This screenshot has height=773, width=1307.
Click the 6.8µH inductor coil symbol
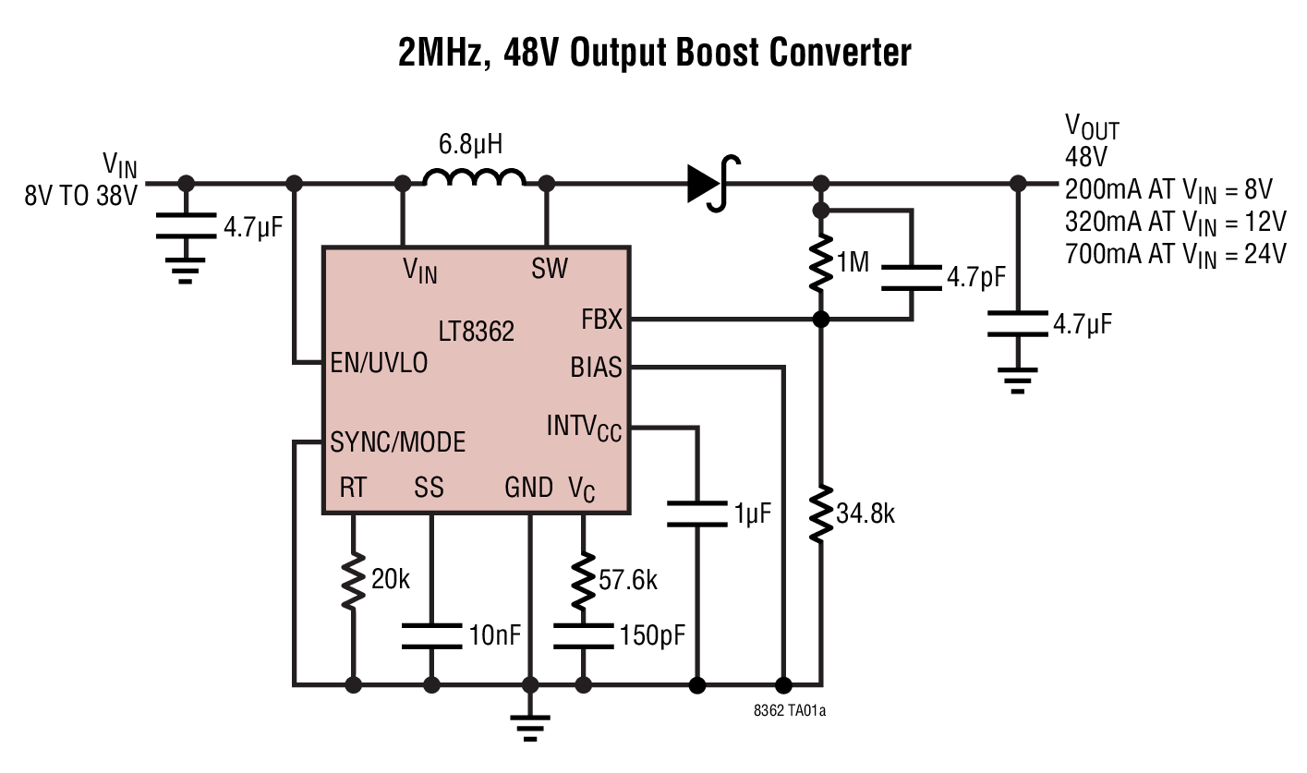(474, 179)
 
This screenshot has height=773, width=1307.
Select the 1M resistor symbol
(819, 264)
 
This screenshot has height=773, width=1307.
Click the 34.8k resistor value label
(865, 513)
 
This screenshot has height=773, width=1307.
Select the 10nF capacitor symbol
(431, 635)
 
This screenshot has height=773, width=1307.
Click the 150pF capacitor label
(653, 636)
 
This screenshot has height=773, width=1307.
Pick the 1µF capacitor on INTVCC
(696, 514)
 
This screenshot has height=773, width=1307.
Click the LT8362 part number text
(476, 332)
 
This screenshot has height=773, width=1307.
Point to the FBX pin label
(601, 320)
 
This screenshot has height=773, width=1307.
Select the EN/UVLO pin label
(379, 364)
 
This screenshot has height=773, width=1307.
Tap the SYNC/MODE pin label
(397, 442)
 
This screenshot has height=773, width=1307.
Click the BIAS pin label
(596, 367)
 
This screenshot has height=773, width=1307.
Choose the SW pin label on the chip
(550, 269)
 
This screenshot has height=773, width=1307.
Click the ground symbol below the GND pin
(530, 728)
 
